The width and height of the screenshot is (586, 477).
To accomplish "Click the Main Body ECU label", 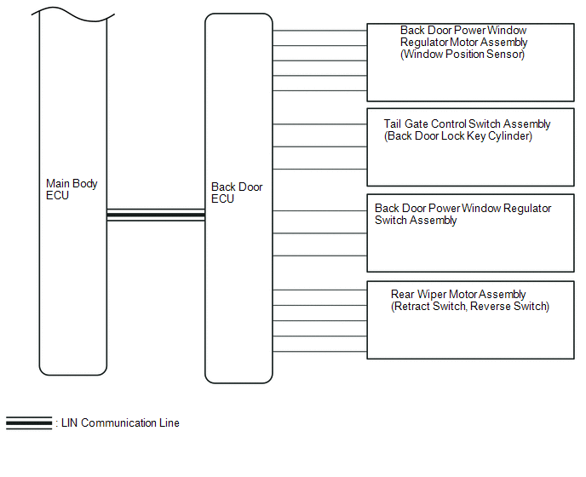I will [72, 189].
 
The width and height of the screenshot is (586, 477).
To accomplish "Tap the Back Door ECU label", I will [237, 193].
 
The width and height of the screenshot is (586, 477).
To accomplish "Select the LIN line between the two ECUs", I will [156, 216].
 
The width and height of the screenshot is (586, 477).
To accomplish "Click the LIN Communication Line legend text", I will [120, 422].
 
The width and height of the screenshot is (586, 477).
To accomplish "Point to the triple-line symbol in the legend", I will [29, 422].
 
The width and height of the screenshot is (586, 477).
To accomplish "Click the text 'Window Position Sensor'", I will [462, 55].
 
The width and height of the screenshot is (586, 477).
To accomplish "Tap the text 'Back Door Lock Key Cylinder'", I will [458, 136].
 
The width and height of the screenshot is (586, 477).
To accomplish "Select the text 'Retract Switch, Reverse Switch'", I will [470, 307].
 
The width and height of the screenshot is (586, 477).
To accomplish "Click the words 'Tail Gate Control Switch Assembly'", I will [467, 124].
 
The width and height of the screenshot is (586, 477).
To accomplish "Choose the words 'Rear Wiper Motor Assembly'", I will [458, 295].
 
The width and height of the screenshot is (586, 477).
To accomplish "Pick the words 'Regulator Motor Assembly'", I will [464, 43].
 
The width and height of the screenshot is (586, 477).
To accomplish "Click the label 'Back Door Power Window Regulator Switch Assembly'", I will [462, 214].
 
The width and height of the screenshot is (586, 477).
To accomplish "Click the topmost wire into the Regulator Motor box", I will [319, 32].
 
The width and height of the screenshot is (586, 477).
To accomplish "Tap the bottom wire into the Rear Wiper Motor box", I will [319, 350].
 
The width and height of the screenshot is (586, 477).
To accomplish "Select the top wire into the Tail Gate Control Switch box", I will [319, 127].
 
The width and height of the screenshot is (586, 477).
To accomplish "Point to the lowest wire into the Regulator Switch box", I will [319, 256].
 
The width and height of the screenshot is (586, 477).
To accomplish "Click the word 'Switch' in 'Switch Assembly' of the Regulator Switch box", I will [391, 221].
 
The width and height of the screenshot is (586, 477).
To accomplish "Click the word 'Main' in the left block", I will [58, 183].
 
